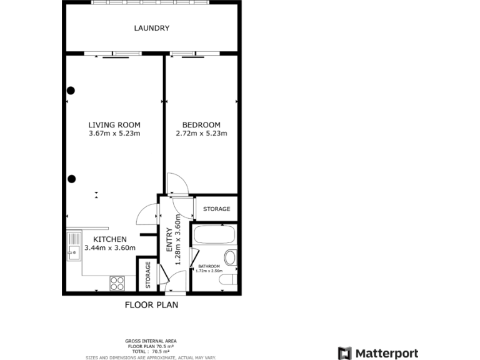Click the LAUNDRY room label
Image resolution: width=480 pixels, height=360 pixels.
tap(151, 28)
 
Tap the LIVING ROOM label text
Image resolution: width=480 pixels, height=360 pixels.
tap(114, 124)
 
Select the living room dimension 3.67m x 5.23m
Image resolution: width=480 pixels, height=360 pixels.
tap(114, 133)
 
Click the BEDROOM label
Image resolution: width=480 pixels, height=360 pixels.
tap(201, 124)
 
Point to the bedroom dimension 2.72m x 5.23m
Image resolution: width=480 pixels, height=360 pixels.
tap(201, 133)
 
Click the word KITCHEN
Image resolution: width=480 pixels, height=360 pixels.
tap(110, 239)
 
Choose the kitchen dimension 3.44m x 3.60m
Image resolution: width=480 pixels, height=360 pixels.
tap(110, 248)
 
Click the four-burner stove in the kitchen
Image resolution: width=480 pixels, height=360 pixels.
tap(117, 283)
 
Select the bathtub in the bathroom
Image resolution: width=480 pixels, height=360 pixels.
tap(214, 236)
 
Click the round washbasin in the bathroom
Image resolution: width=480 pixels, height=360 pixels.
tap(231, 257)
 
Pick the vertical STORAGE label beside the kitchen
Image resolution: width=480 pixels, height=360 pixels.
tap(147, 274)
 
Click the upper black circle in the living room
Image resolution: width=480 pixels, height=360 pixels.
tap(71, 90)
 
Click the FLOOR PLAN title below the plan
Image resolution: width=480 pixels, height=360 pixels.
tap(151, 305)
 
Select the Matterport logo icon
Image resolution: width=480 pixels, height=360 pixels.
tap(344, 353)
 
